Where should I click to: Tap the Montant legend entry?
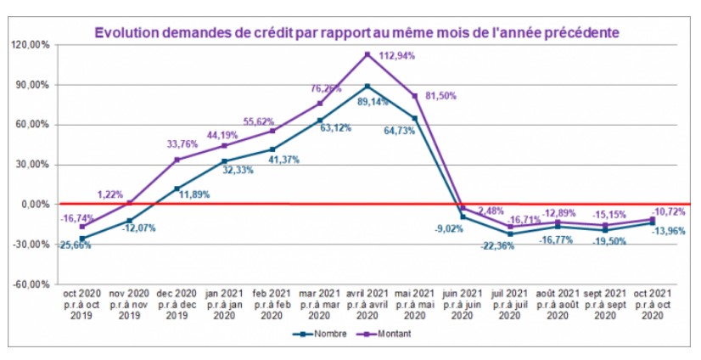click(388, 334)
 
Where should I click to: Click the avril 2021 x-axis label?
click(367, 304)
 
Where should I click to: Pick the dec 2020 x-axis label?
click(176, 304)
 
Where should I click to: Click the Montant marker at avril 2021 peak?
click(367, 54)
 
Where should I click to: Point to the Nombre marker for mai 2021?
click(415, 118)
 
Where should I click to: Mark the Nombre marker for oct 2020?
click(82, 239)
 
